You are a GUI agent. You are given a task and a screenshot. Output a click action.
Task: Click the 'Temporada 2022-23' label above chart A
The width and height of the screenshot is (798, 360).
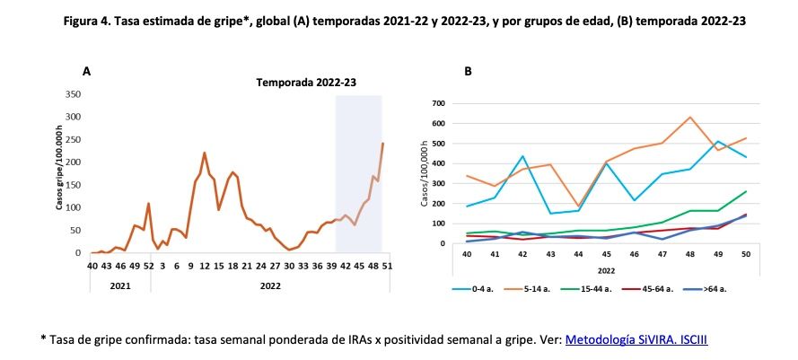click(306, 82)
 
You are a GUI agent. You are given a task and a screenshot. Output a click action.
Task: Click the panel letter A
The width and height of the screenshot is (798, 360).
click(86, 70)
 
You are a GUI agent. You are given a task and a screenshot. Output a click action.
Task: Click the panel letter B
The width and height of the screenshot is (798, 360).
click(468, 70)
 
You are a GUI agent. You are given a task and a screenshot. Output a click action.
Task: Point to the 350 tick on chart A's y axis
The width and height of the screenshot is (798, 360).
click(73, 94)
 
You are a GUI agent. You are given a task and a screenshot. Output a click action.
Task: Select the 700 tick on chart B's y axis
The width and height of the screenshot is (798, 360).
click(439, 103)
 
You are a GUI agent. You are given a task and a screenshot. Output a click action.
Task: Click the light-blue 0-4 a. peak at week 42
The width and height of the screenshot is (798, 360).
click(522, 156)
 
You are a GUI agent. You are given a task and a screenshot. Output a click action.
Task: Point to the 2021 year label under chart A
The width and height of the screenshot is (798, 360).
click(118, 285)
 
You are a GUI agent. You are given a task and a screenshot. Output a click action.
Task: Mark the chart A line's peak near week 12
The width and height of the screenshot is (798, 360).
click(204, 154)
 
